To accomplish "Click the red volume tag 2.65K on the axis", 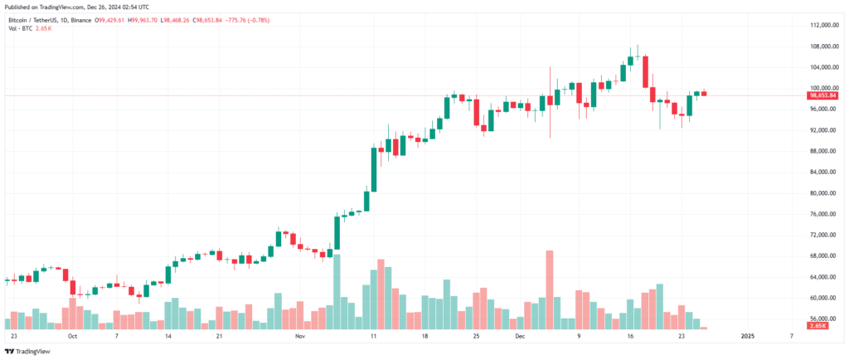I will click(817, 327).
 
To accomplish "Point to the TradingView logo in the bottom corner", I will click(29, 351).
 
